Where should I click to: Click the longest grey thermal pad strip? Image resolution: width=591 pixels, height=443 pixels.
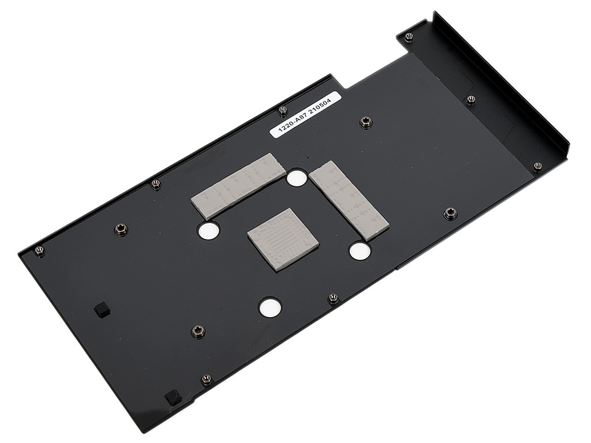click(x=238, y=186)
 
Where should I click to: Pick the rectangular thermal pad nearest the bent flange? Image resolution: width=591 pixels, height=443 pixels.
click(x=349, y=200)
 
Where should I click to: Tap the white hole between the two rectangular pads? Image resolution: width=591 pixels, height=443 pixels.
click(x=297, y=178)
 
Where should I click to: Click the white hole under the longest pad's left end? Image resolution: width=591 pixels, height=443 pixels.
click(x=208, y=231)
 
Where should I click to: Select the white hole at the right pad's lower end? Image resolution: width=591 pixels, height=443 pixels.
click(x=360, y=251)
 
